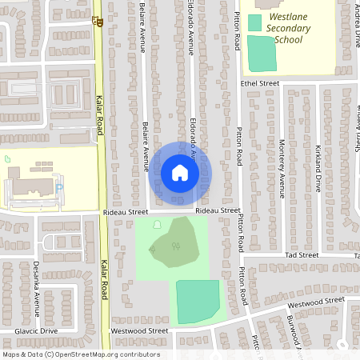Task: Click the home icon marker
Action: [x=179, y=173]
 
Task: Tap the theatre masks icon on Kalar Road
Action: [x=97, y=22]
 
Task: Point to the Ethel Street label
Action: [x=259, y=83]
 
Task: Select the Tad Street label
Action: [x=302, y=254]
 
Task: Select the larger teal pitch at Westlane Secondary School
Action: [x=261, y=53]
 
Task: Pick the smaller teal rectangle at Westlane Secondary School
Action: [x=254, y=22]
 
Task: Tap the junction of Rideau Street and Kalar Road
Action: [x=102, y=213]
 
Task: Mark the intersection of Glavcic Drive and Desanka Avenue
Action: [x=35, y=330]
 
